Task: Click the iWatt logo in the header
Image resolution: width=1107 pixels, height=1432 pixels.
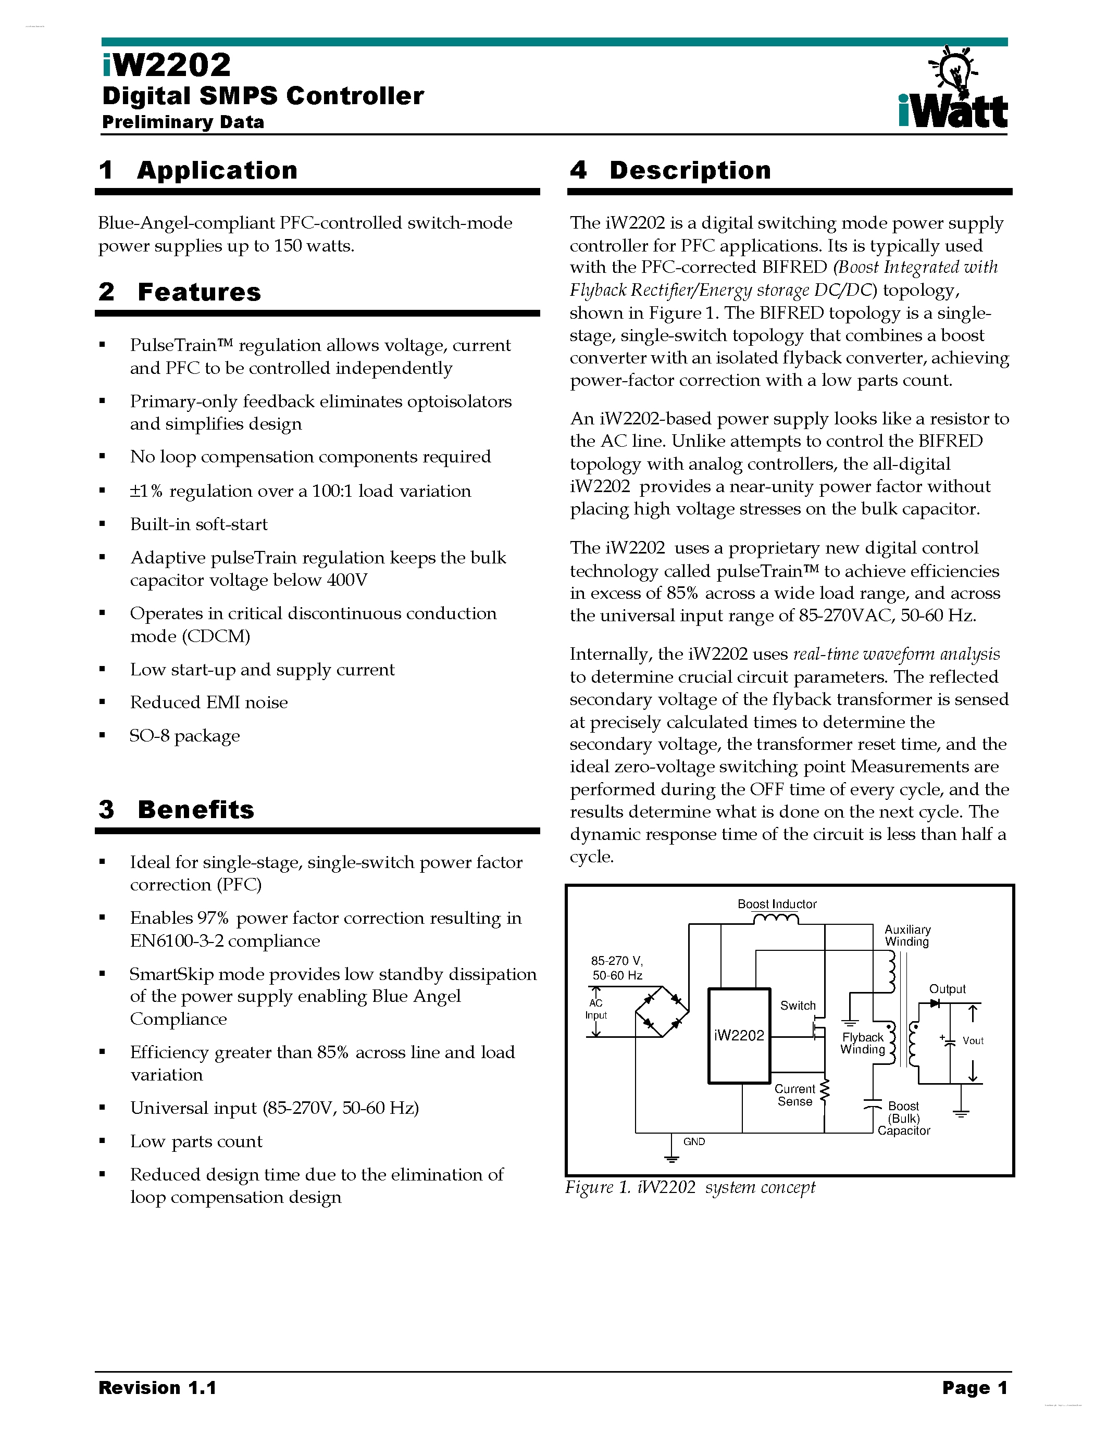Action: pos(953,89)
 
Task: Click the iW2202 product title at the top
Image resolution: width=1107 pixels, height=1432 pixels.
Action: pos(167,65)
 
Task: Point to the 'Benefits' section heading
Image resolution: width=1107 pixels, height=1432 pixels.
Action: pos(195,810)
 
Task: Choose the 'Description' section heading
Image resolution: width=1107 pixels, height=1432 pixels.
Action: pos(690,170)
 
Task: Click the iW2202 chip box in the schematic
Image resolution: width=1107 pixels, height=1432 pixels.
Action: pos(739,1036)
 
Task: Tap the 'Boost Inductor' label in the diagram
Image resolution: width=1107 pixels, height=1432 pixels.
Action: pos(777,904)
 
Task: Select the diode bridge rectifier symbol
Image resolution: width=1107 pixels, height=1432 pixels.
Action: pos(662,1012)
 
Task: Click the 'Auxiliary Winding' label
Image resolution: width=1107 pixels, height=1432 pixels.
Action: pos(907,936)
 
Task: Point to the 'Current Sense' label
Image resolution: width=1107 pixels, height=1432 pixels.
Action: pos(795,1095)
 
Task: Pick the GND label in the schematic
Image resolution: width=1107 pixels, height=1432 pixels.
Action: pos(694,1141)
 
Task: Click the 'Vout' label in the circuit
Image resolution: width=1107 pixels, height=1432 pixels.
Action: pos(973,1040)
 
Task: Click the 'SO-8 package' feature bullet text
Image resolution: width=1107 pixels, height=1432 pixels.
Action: pos(184,736)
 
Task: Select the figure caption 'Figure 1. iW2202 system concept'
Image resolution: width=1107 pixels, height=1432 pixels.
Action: pos(690,1187)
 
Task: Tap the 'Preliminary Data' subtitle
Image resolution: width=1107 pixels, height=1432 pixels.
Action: pos(183,122)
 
